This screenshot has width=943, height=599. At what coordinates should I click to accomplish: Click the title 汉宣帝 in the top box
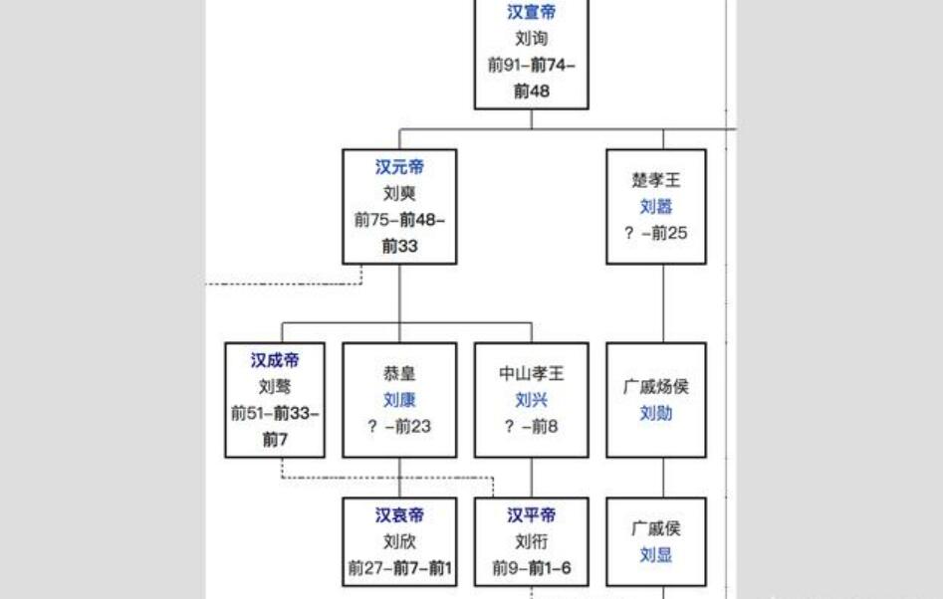531,13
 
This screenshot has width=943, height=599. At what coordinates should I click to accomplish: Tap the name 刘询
531,39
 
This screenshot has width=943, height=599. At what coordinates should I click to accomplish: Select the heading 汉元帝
399,167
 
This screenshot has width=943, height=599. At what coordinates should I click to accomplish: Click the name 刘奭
399,193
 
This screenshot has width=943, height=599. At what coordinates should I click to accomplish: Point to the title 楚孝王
656,181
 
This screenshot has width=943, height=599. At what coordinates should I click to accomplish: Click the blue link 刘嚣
656,207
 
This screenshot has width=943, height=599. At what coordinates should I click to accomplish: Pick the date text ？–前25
656,233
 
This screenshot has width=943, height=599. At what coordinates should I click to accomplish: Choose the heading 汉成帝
274,360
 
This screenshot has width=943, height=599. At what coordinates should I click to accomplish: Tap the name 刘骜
274,386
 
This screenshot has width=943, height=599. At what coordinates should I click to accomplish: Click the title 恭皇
399,374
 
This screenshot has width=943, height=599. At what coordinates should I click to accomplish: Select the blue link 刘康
399,400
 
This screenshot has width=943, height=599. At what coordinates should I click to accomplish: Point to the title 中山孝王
531,374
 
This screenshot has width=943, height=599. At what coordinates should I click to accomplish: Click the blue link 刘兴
531,400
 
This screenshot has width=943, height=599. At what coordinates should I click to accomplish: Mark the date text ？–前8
531,426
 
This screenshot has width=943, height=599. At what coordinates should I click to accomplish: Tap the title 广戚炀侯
656,387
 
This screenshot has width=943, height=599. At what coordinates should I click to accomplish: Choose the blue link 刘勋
656,413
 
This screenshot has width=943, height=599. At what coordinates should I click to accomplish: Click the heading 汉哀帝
399,515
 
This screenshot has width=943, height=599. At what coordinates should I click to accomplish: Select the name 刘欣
399,542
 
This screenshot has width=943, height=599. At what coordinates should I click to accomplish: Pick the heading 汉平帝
531,515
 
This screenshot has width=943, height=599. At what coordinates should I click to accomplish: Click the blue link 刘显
656,555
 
